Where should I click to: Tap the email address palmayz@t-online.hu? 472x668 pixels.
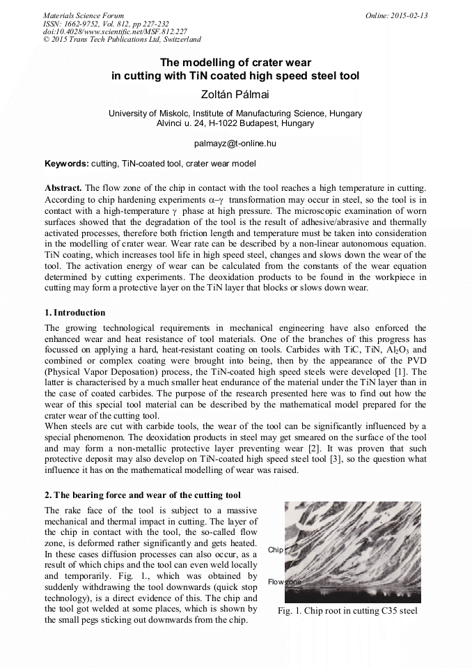click(x=235, y=143)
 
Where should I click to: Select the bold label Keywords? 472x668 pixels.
click(x=67, y=164)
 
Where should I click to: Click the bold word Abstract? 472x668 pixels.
click(x=63, y=188)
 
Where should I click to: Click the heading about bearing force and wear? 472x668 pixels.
click(x=143, y=495)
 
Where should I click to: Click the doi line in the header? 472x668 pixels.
click(x=115, y=32)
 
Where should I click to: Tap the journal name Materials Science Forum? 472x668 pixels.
click(x=84, y=15)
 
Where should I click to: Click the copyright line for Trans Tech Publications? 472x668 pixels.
click(x=122, y=40)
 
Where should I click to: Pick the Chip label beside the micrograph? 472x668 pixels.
click(x=275, y=550)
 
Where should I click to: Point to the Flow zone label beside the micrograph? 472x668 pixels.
click(x=284, y=581)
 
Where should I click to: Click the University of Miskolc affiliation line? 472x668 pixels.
click(x=235, y=113)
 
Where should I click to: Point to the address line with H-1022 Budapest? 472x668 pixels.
click(x=235, y=123)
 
